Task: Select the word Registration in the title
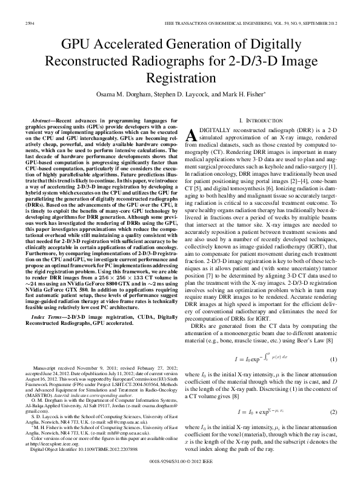(x=180, y=79)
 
